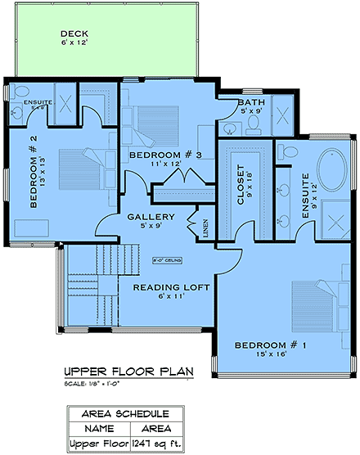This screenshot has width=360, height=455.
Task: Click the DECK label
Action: pos(74,34)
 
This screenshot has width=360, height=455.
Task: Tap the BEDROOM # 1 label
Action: pos(271,346)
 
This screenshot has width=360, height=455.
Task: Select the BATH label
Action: pos(250,103)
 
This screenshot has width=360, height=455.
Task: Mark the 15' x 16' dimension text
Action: pos(271,356)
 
